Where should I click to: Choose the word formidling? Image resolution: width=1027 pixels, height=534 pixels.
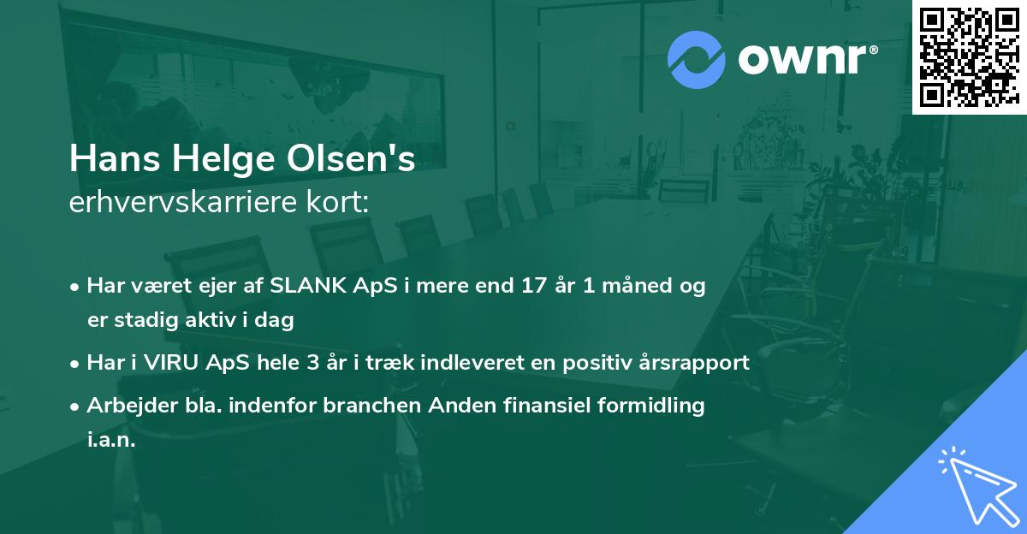pos(654,406)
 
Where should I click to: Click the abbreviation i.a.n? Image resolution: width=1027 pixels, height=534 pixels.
pos(111,440)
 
